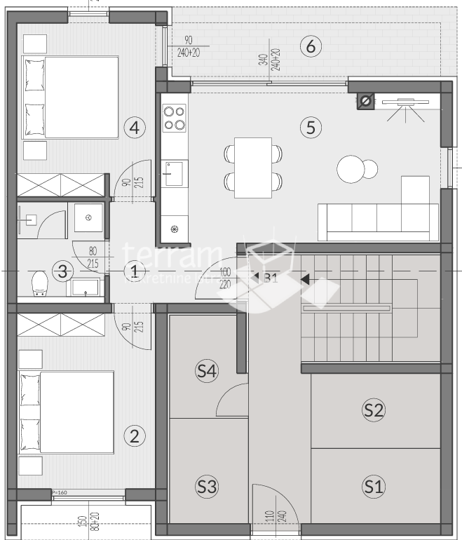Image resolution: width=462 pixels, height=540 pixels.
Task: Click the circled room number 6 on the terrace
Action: [311, 47]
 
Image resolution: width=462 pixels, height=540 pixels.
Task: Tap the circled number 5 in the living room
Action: [311, 128]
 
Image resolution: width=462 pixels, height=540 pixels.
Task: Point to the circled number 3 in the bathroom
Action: [64, 271]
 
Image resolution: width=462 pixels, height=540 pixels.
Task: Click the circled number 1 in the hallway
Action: [134, 271]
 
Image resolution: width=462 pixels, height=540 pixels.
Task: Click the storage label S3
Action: [205, 485]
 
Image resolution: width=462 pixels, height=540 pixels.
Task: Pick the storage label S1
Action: [373, 485]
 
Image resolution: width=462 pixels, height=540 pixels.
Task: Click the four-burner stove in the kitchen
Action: [175, 118]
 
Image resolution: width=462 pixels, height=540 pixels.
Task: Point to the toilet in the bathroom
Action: [40, 284]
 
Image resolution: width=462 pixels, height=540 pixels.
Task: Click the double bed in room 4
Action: [70, 97]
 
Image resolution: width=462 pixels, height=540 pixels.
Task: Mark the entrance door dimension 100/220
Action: [224, 277]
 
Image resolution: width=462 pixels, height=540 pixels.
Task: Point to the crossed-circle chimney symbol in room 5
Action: [365, 102]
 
